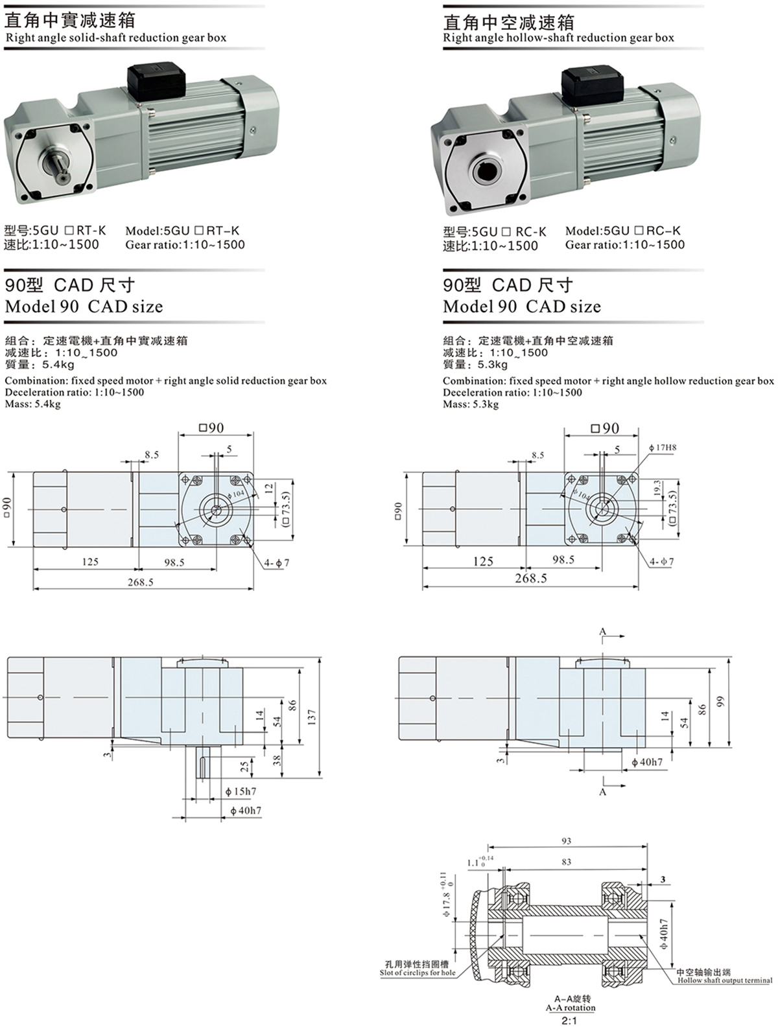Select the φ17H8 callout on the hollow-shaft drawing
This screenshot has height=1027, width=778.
(x=663, y=448)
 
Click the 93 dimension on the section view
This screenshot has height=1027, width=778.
(x=567, y=841)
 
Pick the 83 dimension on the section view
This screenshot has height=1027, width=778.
(x=567, y=862)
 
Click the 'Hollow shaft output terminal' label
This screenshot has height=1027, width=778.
(x=725, y=980)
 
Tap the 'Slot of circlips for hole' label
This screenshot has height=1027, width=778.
(x=418, y=973)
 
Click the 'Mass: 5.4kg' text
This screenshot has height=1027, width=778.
(x=33, y=404)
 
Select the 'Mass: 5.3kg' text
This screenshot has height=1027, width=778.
(x=471, y=404)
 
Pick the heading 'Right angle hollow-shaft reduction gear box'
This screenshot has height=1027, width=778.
(x=558, y=38)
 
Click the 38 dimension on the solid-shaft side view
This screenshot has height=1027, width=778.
(x=277, y=760)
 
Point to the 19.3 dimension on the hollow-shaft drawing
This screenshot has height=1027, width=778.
(x=657, y=489)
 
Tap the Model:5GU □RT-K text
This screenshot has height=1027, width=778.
(x=182, y=231)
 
